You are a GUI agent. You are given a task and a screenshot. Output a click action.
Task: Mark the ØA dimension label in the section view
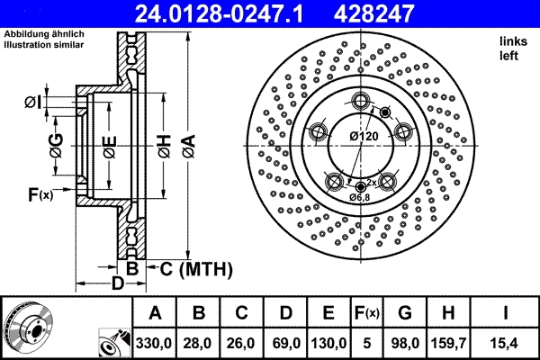coord(186,141)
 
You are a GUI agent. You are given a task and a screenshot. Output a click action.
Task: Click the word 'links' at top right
coord(513,41)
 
